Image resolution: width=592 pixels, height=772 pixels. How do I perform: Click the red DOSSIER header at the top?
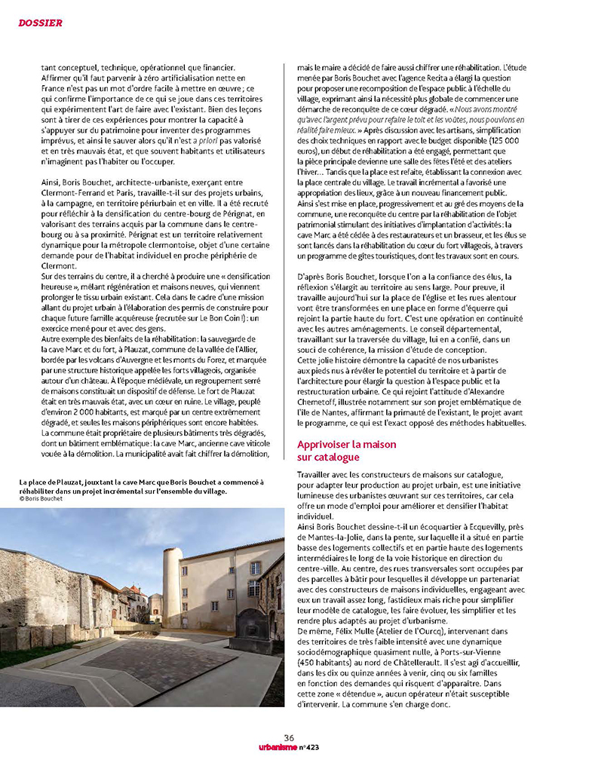pos(40,23)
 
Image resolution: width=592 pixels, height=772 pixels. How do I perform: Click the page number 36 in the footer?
pos(288,737)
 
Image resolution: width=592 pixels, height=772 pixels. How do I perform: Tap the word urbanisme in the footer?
pos(278,746)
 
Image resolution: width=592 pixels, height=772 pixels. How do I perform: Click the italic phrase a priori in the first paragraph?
pos(202,140)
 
